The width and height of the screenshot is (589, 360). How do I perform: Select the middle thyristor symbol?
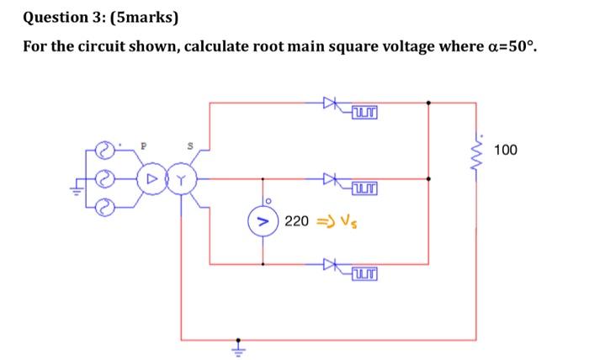click(330, 178)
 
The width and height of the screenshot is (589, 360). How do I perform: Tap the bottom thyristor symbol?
click(330, 264)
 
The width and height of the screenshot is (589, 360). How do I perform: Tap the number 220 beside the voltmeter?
click(296, 222)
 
